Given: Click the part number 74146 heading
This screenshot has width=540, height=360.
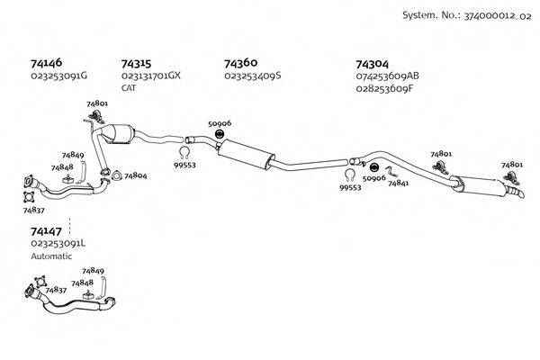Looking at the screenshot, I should (48, 64).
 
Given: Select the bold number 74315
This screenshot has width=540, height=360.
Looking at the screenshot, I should (136, 64).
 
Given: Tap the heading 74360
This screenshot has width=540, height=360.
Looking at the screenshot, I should (241, 63).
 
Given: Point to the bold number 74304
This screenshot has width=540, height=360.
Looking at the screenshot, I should (373, 64).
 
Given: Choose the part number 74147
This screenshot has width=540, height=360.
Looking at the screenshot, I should (48, 230).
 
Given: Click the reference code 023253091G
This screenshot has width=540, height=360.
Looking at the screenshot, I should (58, 76).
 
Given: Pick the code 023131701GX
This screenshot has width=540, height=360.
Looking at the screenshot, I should (151, 76).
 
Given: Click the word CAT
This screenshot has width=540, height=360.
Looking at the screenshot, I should (129, 88).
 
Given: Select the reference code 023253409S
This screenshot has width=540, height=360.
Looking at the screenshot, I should (253, 76).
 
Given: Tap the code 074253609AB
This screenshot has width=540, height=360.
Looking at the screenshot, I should (388, 76).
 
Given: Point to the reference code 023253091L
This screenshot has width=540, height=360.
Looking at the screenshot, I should (58, 243).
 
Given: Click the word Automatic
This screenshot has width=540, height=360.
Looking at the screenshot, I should (50, 256).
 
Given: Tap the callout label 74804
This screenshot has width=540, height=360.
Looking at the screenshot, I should (135, 175).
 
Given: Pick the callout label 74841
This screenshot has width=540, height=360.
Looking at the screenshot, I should (399, 183).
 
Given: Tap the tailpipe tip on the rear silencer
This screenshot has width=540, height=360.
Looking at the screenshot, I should (516, 194).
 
